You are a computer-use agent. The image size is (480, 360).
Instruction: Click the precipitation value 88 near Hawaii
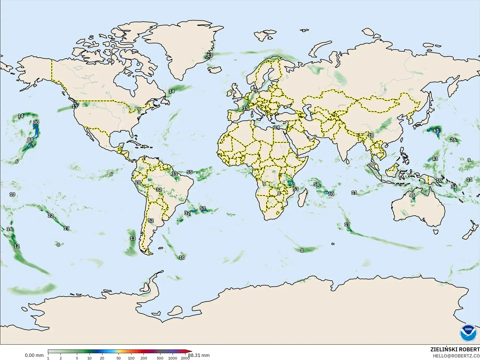point(30,140)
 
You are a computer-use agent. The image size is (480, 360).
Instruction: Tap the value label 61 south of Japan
point(436,131)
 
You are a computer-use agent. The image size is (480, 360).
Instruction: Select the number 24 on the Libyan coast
point(277,127)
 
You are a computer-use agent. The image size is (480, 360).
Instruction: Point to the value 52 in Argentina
point(151,220)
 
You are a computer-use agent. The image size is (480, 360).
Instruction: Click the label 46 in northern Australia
point(412,196)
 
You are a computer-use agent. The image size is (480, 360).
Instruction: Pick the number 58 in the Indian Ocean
point(316,184)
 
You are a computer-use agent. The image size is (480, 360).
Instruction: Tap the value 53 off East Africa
point(296,189)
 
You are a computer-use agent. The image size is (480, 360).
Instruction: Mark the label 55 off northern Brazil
point(190,172)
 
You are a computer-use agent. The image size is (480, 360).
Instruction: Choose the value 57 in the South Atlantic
point(203,208)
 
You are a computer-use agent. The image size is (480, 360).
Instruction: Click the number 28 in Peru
point(138,182)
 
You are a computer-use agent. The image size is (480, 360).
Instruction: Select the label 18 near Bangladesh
point(371,135)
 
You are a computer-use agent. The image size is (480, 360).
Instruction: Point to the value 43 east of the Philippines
point(435,159)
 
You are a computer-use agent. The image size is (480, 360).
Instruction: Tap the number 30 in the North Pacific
point(36,122)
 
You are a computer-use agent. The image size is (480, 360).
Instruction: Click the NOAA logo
point(468,333)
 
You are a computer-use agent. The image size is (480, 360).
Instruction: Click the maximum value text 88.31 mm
point(199,355)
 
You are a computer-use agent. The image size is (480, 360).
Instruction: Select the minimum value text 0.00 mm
point(34,355)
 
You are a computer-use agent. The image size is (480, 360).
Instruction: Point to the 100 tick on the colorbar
point(131,358)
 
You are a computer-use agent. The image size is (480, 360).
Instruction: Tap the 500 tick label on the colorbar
point(160,358)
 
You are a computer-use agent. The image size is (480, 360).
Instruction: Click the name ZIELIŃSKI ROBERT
point(455,349)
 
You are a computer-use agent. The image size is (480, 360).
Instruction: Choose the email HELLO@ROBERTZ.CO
point(456,356)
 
